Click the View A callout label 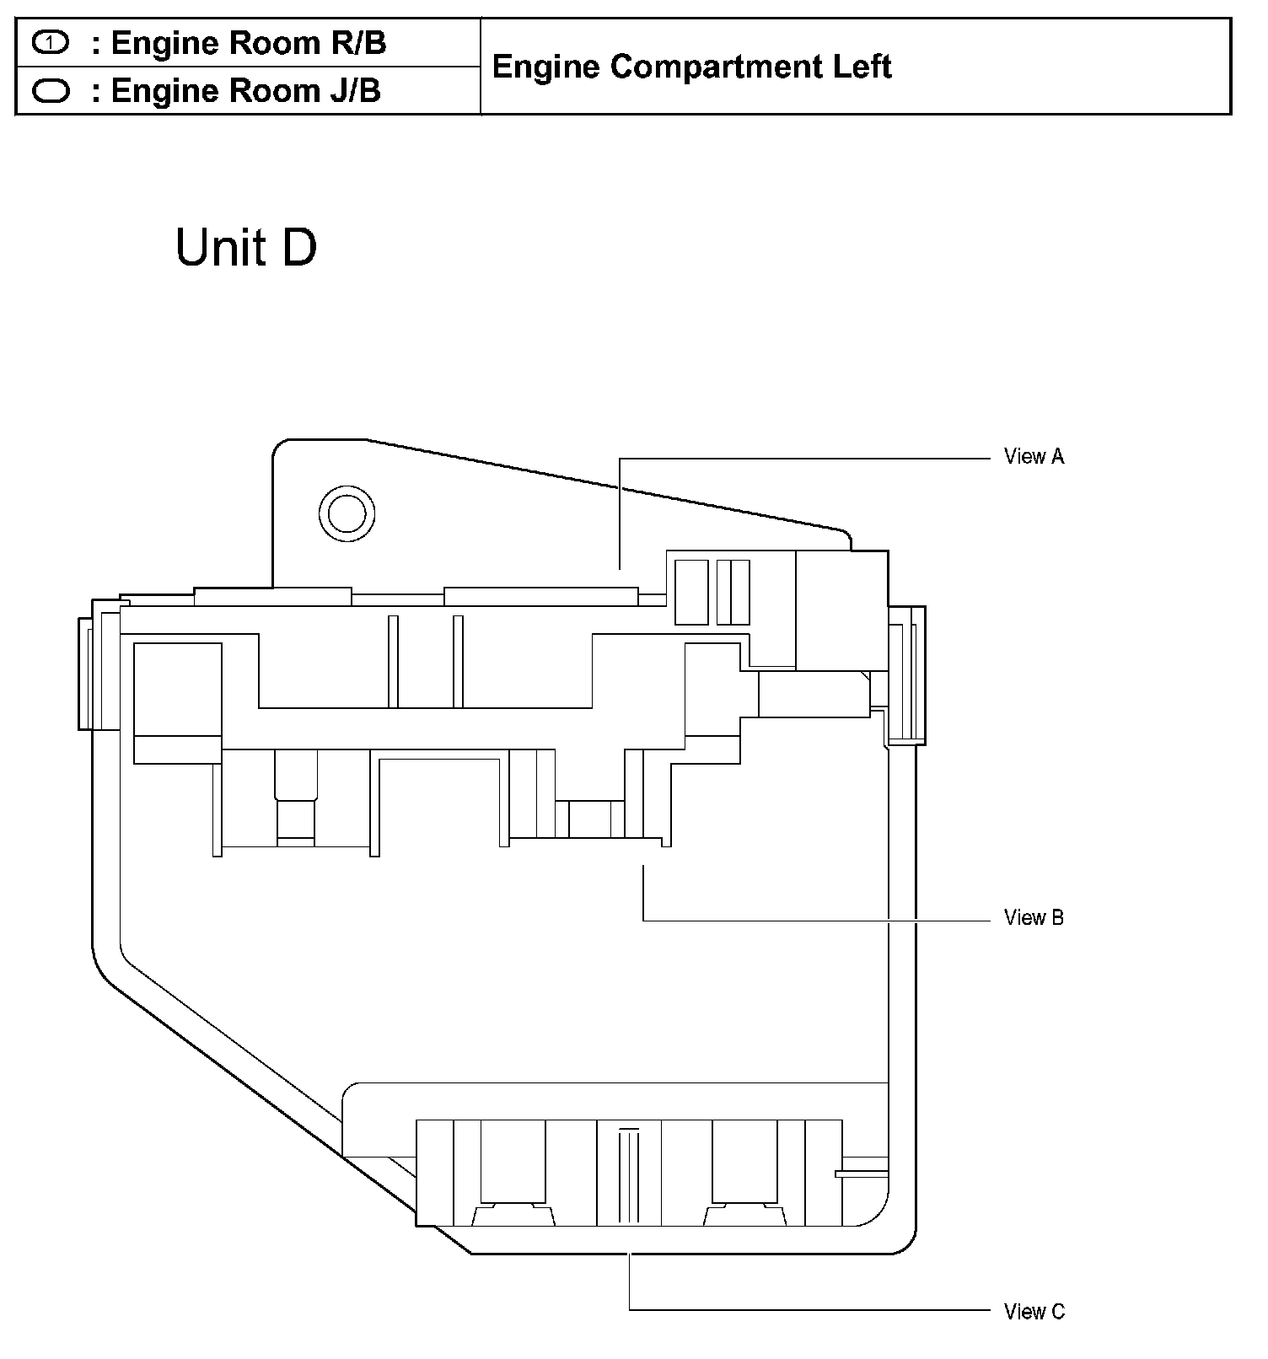tap(1034, 456)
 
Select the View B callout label tap(1034, 917)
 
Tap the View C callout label tap(1034, 1312)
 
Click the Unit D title tap(246, 248)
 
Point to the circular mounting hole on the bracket tap(347, 513)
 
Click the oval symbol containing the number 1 tap(51, 42)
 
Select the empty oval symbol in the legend tap(51, 90)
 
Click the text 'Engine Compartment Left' tap(691, 67)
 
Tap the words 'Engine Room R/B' tap(249, 43)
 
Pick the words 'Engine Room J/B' tap(246, 91)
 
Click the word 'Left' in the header tap(862, 67)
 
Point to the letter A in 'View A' tap(1056, 456)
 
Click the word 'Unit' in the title tap(221, 248)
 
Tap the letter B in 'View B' tap(1056, 917)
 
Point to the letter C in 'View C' tap(1057, 1312)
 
